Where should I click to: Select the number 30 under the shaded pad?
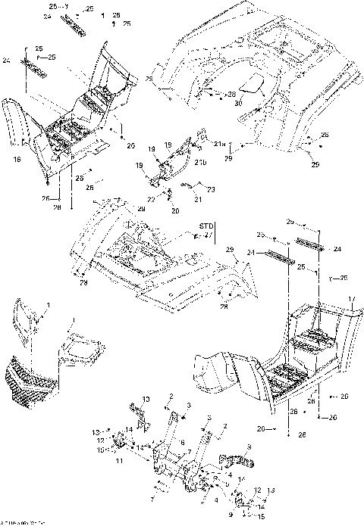pyautogui.click(x=237, y=103)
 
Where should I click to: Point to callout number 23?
pyautogui.click(x=212, y=188)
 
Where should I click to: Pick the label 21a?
pyautogui.click(x=219, y=143)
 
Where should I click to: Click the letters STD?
pyautogui.click(x=206, y=226)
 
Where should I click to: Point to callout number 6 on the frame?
pyautogui.click(x=182, y=441)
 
